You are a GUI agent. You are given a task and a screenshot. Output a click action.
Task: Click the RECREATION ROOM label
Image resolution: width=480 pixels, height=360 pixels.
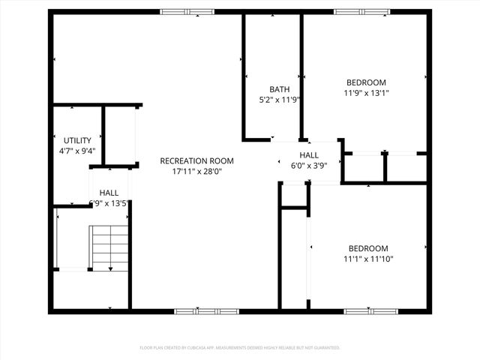click(197, 161)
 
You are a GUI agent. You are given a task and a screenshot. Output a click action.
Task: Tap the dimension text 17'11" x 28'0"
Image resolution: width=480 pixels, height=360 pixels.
click(197, 172)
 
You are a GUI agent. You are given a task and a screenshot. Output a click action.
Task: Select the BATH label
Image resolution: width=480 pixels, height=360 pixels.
click(279, 89)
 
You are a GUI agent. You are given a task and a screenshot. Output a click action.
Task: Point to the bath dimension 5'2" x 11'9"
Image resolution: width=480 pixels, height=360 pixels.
click(279, 100)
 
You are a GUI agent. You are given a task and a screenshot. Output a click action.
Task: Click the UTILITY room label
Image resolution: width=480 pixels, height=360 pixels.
click(77, 140)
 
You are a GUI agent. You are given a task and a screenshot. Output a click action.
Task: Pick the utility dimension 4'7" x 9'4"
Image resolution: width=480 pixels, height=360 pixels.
click(77, 151)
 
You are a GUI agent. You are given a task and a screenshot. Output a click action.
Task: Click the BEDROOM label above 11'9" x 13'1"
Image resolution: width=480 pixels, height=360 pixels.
click(366, 82)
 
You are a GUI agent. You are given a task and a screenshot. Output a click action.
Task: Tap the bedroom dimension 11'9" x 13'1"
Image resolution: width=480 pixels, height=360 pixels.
click(366, 93)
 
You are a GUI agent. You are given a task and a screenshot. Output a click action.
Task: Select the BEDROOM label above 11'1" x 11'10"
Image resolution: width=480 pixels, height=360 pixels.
click(368, 249)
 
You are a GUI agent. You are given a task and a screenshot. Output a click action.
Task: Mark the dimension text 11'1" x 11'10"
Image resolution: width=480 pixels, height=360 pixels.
click(368, 259)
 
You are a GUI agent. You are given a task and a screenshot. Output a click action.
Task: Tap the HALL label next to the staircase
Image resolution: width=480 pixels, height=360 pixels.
click(109, 193)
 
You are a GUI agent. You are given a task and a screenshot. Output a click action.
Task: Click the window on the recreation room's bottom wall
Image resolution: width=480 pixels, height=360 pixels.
click(196, 310)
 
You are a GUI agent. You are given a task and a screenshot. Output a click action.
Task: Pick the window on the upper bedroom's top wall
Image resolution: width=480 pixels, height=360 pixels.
click(356, 12)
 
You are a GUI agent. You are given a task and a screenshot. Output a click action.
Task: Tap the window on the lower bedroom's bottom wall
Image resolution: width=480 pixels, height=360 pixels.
click(366, 310)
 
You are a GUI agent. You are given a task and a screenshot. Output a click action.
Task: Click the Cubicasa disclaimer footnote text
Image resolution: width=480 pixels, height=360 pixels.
click(240, 348)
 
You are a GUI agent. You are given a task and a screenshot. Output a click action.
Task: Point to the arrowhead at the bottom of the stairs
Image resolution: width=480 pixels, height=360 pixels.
click(110, 268)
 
